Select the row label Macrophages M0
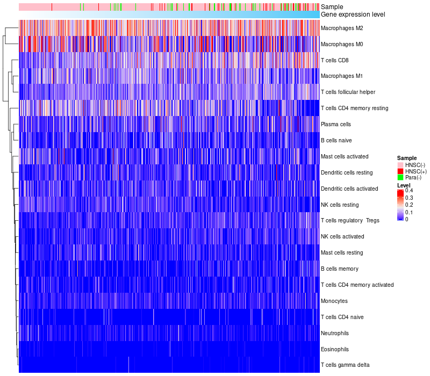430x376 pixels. [x=341, y=44]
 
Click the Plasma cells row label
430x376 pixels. [x=336, y=124]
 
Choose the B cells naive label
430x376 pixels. [x=336, y=140]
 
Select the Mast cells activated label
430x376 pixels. [x=345, y=156]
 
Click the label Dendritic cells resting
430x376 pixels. [x=347, y=172]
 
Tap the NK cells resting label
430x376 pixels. [x=340, y=205]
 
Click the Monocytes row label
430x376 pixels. [x=334, y=301]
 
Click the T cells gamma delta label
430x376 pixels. [x=345, y=365]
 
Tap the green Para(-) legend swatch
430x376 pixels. [x=400, y=178]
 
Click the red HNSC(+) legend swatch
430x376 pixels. [x=400, y=171]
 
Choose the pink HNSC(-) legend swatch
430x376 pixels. [x=400, y=165]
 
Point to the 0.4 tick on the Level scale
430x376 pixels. [x=409, y=191]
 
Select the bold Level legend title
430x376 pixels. [x=404, y=185]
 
